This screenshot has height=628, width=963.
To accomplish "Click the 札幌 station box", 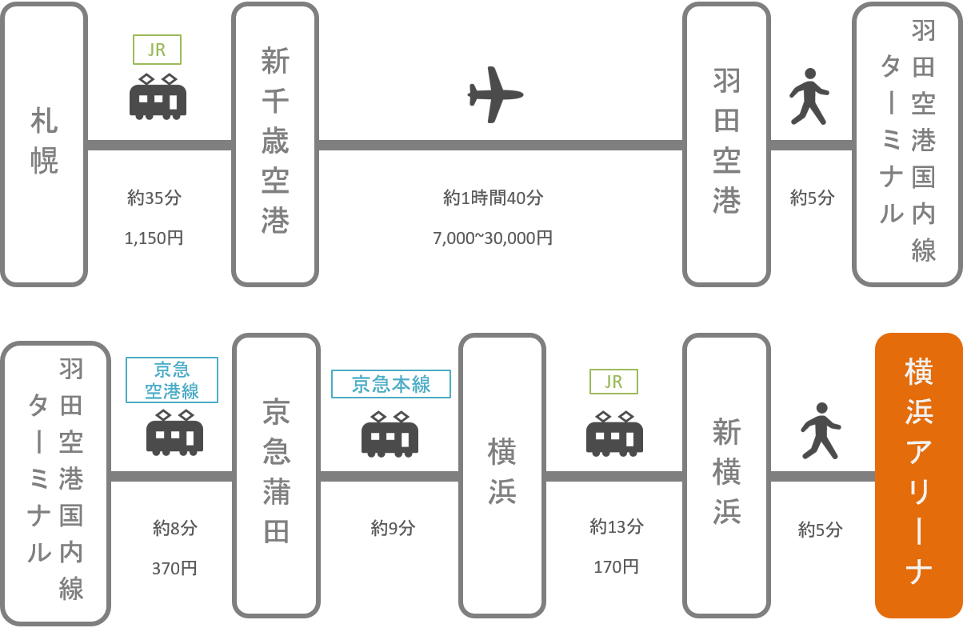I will (x=44, y=145).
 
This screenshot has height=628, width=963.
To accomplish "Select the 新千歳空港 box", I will (x=275, y=145).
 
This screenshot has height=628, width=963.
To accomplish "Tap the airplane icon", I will (x=495, y=94).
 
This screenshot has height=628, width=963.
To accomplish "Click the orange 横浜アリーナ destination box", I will (x=918, y=475).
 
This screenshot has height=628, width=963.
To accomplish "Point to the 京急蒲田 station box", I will (x=275, y=475).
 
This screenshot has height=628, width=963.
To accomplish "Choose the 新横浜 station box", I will (x=726, y=475).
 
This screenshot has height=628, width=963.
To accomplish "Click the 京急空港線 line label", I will (x=171, y=378).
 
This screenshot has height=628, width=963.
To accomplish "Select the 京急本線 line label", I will (x=391, y=384).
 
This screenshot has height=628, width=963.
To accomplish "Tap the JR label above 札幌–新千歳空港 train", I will (x=157, y=50).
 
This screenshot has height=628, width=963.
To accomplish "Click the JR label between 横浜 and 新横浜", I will (x=613, y=382).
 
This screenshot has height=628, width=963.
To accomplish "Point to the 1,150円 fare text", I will (x=155, y=238).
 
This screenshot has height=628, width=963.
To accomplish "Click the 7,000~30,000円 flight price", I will (x=493, y=238).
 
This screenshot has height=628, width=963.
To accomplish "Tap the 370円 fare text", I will (x=174, y=568).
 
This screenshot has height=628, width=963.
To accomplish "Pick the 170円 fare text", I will (x=616, y=567).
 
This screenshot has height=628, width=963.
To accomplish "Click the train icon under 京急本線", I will (x=390, y=434).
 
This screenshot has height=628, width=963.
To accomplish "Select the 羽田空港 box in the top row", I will (x=726, y=145).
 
